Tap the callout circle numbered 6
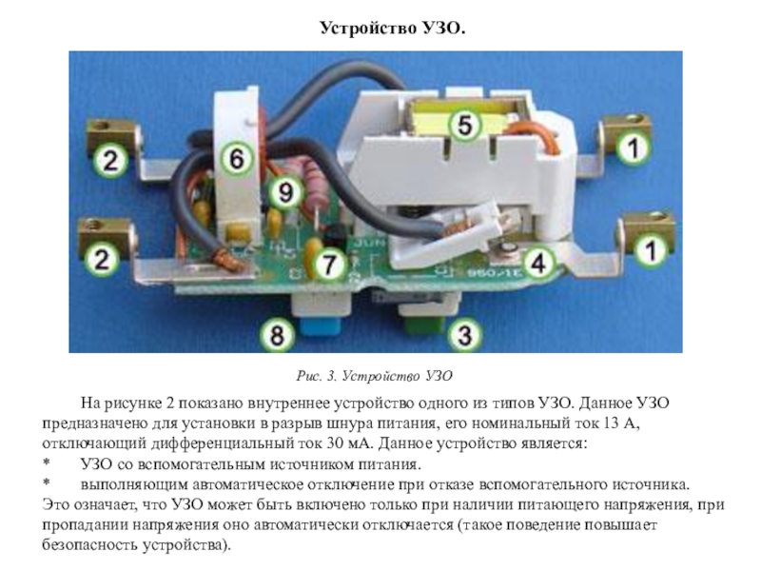tap(236, 157)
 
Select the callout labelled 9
tap(283, 192)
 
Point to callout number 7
tap(325, 261)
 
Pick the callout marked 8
tap(277, 334)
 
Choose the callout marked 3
tap(463, 334)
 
